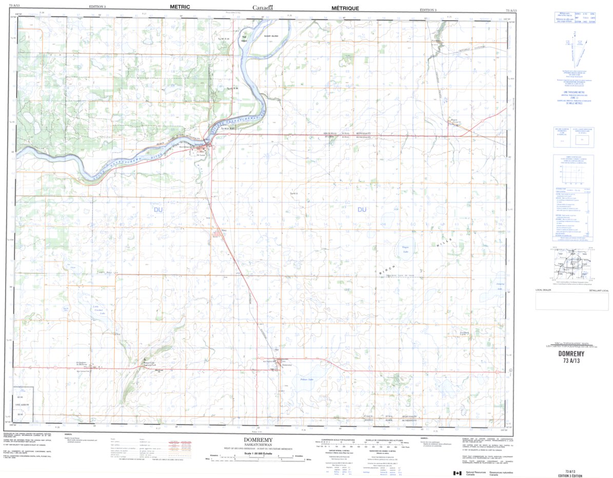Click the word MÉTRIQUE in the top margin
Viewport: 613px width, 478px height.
[345, 8]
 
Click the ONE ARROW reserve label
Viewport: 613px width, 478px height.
[23, 405]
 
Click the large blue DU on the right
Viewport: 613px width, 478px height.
[362, 209]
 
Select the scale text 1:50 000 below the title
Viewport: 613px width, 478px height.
[261, 454]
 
